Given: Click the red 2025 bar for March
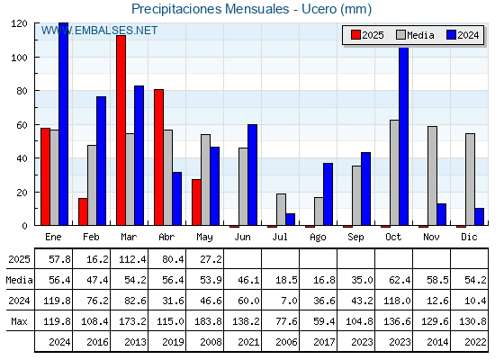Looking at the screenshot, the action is coord(121,130).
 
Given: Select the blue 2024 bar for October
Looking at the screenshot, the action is coord(404,136).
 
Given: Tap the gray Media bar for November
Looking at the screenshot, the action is coord(432,175).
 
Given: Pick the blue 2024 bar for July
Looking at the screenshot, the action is coord(290,220).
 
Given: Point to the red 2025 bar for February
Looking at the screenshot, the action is coord(83,211).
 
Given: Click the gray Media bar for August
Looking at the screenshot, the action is coord(319,211).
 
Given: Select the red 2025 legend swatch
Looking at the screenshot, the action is coord(355,35).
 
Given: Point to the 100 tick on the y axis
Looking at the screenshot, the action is coord(35,58).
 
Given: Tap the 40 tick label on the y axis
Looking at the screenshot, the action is coord(22,158).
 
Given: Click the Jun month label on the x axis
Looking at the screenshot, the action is coord(242,238).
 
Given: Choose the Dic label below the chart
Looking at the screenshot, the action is coord(469,238).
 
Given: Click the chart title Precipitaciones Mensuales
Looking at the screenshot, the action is coord(211,9).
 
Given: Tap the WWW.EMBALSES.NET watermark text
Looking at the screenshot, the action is coord(99,31).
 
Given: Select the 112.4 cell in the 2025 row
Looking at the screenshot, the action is coord(132,259).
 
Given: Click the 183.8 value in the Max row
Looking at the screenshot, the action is coord(208,321).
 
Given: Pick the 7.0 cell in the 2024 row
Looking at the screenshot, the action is coord(289,301).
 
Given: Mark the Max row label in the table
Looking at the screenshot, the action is coord(19,321).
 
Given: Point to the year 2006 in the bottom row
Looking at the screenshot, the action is coord(286,342).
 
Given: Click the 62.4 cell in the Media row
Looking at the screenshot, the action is coord(400,280).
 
